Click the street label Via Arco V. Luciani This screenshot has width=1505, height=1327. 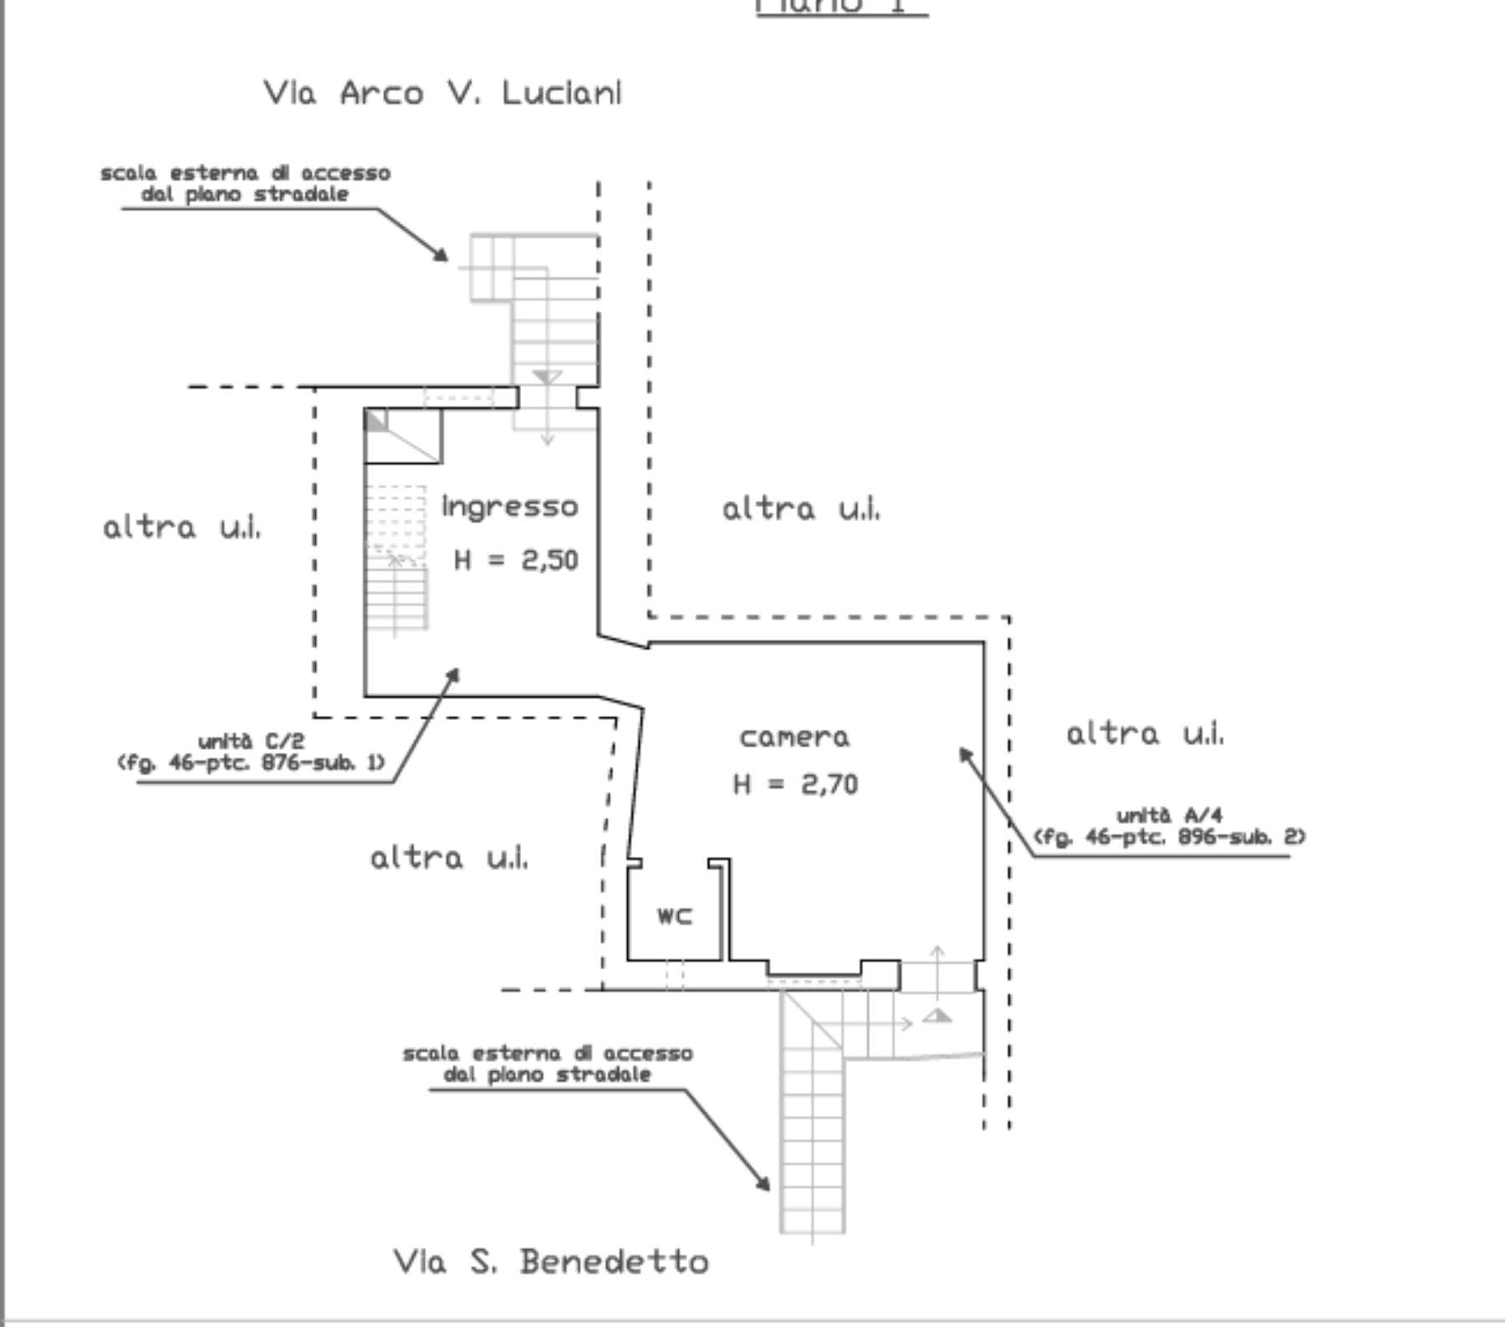(442, 92)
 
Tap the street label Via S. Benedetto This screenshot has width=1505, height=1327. (551, 1261)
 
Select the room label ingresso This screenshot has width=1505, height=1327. (509, 507)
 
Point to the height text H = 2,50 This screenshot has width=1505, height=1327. (516, 559)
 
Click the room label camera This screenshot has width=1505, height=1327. (794, 738)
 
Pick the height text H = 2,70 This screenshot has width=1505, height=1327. (795, 784)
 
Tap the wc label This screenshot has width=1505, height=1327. (675, 916)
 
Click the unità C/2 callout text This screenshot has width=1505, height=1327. (251, 752)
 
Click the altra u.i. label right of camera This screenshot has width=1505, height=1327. (1145, 734)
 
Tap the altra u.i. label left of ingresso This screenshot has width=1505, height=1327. (181, 528)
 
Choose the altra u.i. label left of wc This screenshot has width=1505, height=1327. (449, 858)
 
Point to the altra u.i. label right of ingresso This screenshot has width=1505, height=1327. (801, 508)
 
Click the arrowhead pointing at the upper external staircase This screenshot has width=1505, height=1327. (441, 255)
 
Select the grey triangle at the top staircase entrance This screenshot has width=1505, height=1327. (547, 377)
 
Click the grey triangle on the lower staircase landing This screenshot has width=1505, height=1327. (938, 1016)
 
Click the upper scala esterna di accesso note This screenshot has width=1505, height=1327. (245, 183)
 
